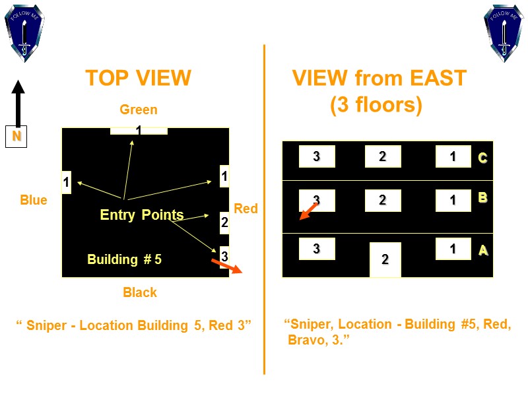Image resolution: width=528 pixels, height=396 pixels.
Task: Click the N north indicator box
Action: [16, 137]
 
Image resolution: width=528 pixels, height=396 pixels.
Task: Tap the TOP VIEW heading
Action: [138, 79]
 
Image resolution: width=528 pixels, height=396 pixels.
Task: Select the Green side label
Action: [139, 110]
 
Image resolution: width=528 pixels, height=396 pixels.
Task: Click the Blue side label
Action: [34, 200]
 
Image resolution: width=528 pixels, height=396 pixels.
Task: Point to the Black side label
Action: [140, 292]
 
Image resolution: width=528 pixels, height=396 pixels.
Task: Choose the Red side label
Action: [246, 209]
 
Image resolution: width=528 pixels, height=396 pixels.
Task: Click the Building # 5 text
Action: [124, 259]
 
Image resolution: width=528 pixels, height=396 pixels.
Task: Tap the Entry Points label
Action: [141, 214]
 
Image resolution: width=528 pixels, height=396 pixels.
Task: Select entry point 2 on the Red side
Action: [224, 223]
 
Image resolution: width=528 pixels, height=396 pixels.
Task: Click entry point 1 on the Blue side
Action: [66, 181]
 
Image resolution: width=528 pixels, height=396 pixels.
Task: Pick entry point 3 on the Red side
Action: [224, 255]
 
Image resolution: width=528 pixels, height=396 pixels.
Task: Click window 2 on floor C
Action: [382, 156]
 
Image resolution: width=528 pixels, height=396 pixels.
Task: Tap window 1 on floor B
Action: [453, 201]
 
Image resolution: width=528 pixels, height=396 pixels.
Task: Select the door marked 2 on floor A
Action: [385, 260]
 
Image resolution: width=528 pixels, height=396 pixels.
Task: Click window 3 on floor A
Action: [317, 249]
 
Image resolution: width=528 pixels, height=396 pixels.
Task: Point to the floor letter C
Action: [482, 158]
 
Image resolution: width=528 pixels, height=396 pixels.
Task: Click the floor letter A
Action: [483, 250]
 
